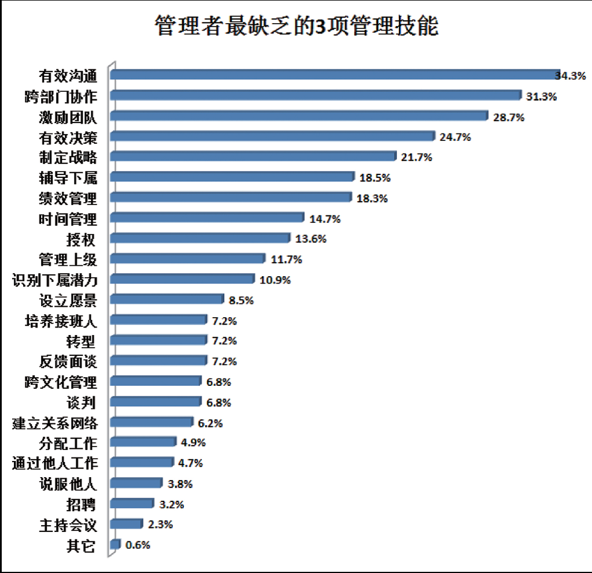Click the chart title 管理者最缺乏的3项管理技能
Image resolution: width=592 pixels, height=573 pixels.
[x=297, y=27]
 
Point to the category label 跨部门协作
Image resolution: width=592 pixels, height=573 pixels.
[x=61, y=96]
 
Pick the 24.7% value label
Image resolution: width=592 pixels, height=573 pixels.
[x=455, y=137]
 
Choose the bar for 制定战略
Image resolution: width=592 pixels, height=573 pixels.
[x=253, y=156]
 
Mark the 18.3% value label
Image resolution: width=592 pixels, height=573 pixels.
[x=372, y=199]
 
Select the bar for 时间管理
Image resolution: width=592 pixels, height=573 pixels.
[x=207, y=217]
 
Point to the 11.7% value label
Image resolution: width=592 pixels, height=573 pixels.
[x=286, y=260]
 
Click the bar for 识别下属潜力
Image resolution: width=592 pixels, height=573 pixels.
[x=182, y=278]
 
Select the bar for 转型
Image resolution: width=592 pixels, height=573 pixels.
[x=158, y=340]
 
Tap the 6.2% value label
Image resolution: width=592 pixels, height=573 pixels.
[x=210, y=423]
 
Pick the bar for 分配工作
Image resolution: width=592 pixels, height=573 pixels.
[x=143, y=441]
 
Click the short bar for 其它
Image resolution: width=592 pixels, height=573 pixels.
[x=116, y=544]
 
